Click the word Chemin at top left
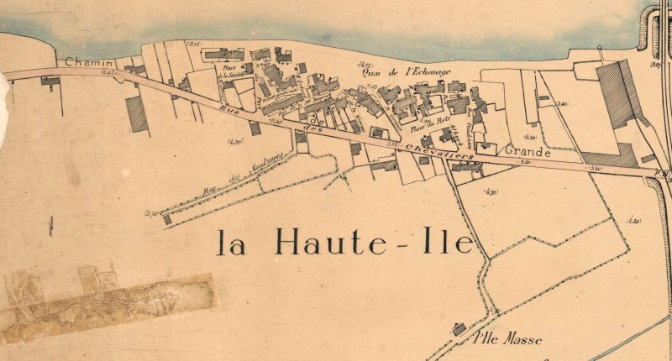[86, 61]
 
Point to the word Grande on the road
[527, 154]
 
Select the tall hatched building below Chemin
[137, 114]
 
